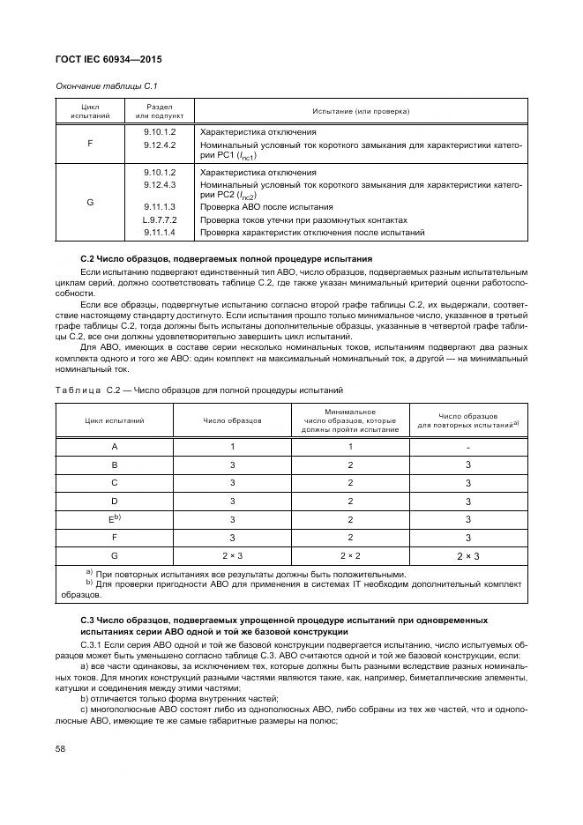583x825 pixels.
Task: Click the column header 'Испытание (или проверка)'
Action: point(361,112)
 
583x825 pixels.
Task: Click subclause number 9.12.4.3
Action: point(160,185)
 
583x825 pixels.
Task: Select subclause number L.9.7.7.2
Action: point(160,219)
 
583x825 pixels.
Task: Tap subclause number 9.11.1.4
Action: point(160,232)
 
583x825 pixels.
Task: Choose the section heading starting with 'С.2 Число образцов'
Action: point(226,258)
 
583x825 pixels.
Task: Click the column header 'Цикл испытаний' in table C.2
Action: point(115,421)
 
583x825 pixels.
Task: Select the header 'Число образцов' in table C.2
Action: point(232,421)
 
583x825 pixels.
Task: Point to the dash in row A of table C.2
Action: point(467,447)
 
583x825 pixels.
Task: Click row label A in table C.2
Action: point(115,447)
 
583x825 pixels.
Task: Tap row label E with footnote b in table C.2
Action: point(115,518)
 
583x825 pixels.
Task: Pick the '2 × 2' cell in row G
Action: point(350,555)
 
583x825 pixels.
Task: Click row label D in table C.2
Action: point(115,501)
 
